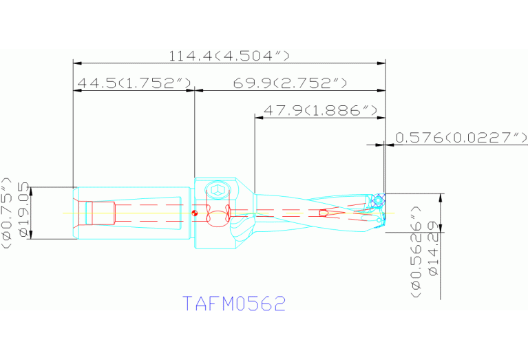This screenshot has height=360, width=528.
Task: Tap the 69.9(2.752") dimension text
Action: click(289, 83)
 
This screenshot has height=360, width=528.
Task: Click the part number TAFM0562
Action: click(234, 304)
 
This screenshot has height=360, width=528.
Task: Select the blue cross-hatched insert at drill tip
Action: click(377, 202)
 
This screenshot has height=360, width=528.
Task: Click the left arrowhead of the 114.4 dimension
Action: click(77, 63)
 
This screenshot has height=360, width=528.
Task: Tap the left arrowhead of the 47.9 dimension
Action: click(259, 117)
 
